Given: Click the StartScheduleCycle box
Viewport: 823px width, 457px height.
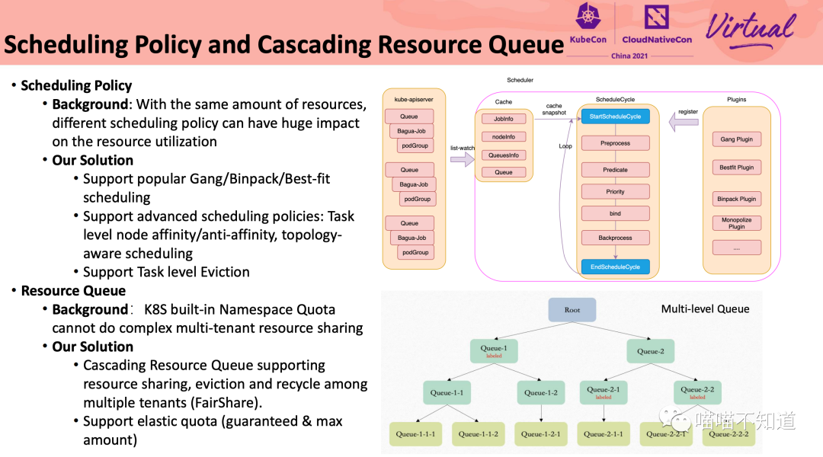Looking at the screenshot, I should (x=615, y=117).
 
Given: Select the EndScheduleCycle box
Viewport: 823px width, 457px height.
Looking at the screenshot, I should (x=615, y=267).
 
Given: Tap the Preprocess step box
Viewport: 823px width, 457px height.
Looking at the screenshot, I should (x=615, y=143).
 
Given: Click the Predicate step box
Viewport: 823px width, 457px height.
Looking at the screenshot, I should (x=615, y=170).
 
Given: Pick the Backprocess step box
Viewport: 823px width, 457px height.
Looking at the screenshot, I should (x=615, y=238).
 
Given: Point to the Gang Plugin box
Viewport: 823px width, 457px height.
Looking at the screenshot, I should (x=736, y=139).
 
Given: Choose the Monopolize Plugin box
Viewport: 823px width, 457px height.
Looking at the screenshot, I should (x=736, y=223).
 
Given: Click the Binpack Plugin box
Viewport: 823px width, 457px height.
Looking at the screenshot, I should (x=736, y=199).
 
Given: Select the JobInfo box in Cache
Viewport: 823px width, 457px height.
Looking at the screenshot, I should (x=504, y=119).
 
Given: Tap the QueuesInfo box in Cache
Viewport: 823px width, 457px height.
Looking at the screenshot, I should (x=504, y=155).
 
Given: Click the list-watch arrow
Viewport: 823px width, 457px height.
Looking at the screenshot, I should (x=462, y=159).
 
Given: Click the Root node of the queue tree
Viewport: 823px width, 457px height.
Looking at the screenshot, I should (x=572, y=310).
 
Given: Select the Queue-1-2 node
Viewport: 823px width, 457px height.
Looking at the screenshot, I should (x=541, y=393).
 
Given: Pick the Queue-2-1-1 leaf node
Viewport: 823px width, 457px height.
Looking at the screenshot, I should (x=604, y=434).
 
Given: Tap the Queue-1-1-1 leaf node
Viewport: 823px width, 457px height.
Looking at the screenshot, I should (x=415, y=434).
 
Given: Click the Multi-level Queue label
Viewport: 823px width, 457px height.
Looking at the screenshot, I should (x=705, y=308).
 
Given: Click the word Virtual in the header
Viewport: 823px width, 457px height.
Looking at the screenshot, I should (x=750, y=29).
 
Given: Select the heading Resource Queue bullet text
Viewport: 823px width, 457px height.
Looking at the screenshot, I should (x=73, y=291).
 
